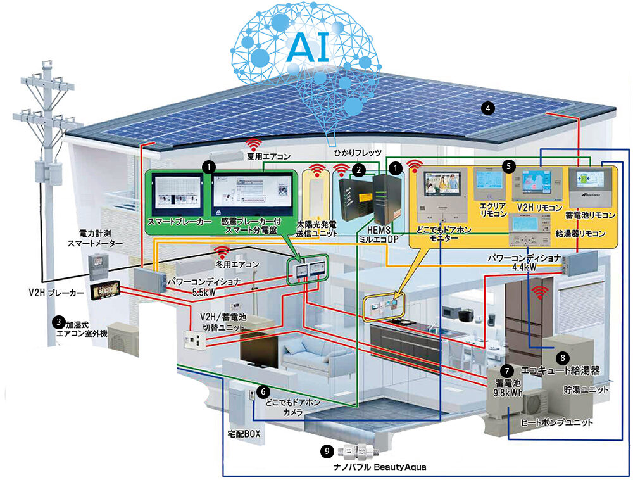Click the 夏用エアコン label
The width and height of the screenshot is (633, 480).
270,155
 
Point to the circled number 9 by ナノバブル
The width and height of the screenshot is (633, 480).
327,451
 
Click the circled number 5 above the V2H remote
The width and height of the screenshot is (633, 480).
508,165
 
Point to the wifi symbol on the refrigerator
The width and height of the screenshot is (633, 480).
540,292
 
